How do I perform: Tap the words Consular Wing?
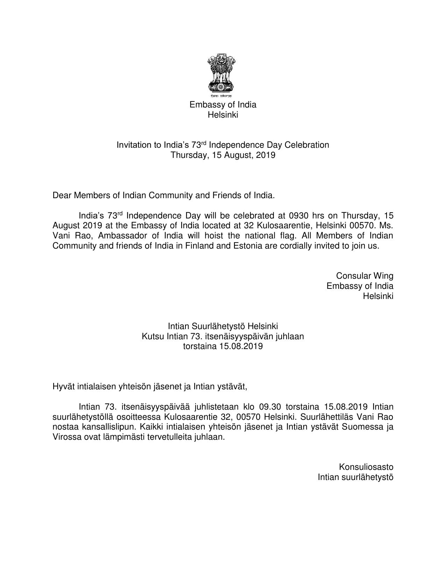364,276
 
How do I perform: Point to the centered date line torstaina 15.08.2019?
223,347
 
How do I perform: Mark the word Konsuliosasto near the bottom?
366,467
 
